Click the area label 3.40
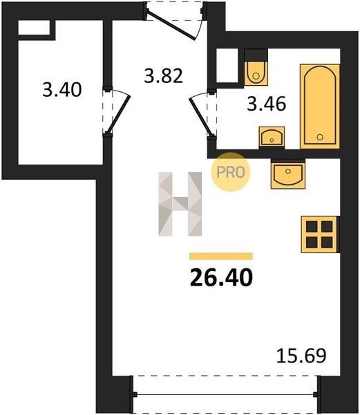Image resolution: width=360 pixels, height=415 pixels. point(62,90)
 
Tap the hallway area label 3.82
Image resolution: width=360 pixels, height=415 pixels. point(163,75)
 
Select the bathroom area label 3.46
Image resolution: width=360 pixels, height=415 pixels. point(267,104)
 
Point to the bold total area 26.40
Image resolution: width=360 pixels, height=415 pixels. point(221,277)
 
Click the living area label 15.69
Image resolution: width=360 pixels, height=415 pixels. point(301,356)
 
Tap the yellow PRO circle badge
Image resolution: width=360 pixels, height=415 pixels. point(231,172)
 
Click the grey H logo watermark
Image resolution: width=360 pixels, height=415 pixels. point(180,204)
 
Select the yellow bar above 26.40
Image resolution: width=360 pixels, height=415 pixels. point(221,256)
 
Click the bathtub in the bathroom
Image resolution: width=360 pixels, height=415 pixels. point(320,106)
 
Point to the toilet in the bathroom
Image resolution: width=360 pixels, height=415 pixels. point(256,73)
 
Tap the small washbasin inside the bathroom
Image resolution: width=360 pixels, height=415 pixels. point(272,137)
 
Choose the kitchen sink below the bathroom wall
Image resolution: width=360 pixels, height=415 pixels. point(288,174)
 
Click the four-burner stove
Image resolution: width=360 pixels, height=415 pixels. point(319,234)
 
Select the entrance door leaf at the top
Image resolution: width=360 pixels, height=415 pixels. point(171,26)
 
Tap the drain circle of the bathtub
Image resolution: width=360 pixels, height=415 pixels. point(320,137)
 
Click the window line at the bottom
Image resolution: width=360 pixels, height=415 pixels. point(225,395)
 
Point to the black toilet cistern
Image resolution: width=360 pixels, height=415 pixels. point(256,55)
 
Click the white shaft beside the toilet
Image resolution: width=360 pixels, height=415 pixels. point(227,66)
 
